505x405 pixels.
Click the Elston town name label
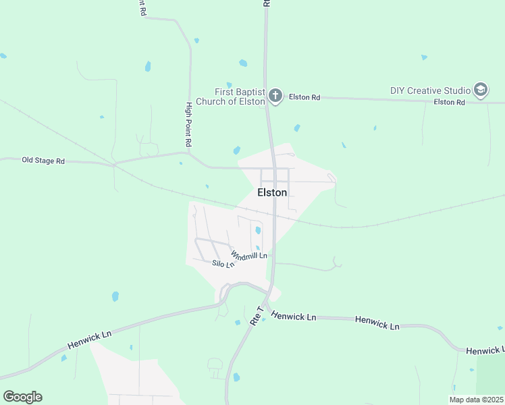[272, 192]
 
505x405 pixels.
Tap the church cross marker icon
[275, 96]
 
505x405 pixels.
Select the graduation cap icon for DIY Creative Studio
[480, 90]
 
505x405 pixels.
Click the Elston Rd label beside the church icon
[304, 97]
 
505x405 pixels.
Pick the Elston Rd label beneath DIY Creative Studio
[450, 102]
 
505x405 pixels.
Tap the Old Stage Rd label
[43, 161]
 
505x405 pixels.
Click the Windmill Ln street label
[249, 255]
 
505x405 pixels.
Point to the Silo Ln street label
[223, 264]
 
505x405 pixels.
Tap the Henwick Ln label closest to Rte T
[293, 317]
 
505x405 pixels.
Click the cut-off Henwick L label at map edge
[485, 350]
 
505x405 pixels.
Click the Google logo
[22, 397]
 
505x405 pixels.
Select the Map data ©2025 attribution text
[476, 400]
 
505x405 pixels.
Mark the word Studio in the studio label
[458, 90]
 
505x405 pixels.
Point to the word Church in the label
[228, 101]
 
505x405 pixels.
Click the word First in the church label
[224, 92]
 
